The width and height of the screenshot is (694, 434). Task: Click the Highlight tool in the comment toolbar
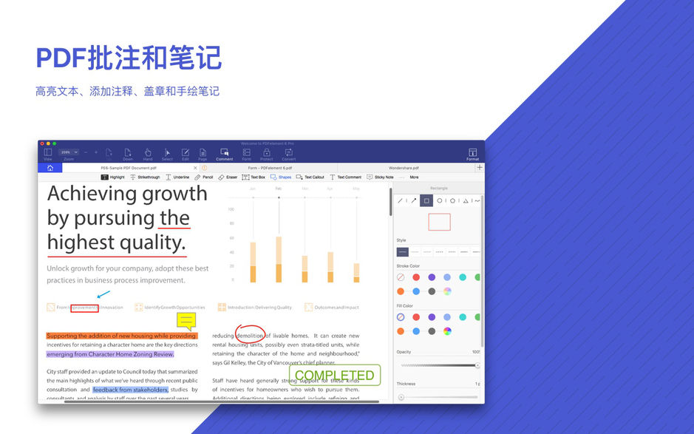tap(113, 177)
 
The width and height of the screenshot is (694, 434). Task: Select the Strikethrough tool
tap(145, 177)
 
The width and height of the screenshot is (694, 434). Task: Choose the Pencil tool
tap(203, 177)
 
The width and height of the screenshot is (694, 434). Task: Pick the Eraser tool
tap(228, 177)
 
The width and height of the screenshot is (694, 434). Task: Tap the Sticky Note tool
tap(380, 177)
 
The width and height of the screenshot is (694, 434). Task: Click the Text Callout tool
tap(310, 177)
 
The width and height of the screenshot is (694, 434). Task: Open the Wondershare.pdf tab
tap(404, 168)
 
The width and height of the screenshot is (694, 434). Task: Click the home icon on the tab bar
tap(50, 168)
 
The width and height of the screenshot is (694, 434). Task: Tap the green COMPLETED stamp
tap(335, 375)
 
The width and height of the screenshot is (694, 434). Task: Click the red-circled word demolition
tap(250, 336)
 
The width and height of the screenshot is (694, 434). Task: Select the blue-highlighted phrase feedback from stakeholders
tap(130, 389)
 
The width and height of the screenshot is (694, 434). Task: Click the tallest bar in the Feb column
tap(278, 259)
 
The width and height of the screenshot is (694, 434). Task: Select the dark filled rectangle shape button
tap(426, 200)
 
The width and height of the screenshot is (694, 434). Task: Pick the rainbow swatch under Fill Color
tap(447, 330)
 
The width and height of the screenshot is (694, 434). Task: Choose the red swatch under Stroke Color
tap(416, 277)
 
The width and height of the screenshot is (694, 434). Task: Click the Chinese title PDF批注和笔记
tap(129, 58)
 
